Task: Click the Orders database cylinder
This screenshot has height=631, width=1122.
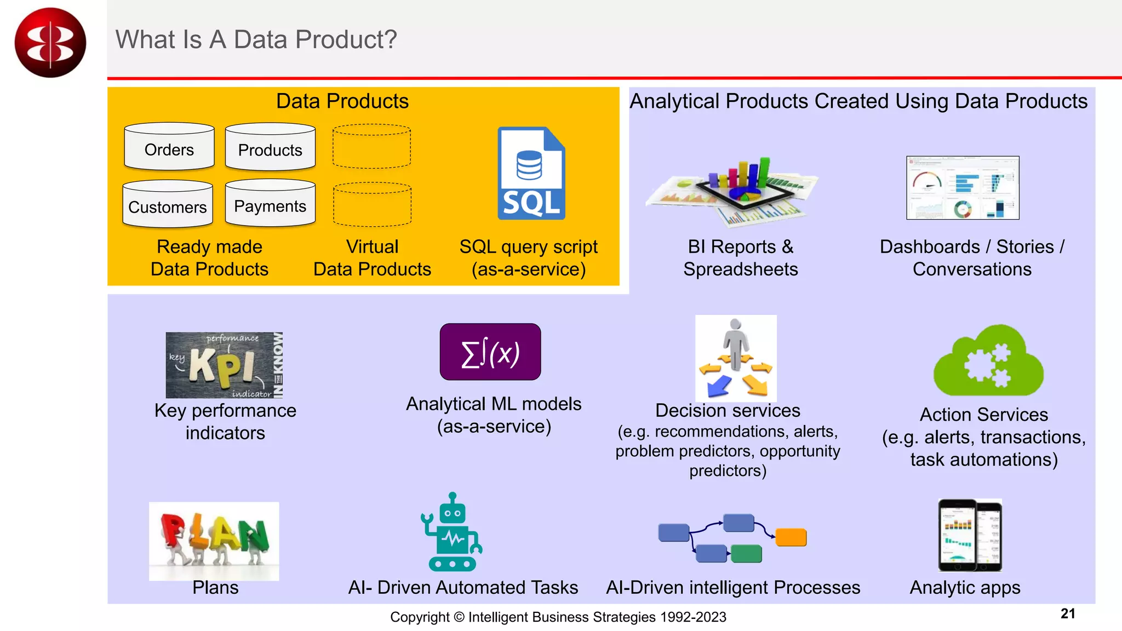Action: (x=169, y=147)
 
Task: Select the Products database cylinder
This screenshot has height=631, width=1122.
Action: (x=270, y=147)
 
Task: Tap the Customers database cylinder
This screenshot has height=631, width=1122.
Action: (x=168, y=204)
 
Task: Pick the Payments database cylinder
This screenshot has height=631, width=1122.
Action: (x=270, y=203)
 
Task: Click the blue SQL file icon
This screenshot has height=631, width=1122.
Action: (x=531, y=174)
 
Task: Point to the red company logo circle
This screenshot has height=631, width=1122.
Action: (x=50, y=43)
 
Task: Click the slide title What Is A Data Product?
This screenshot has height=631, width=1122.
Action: (x=256, y=39)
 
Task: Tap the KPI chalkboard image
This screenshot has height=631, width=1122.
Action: (x=224, y=365)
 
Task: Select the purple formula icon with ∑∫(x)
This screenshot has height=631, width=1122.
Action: (x=490, y=352)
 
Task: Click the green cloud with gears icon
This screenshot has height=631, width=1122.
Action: (x=988, y=362)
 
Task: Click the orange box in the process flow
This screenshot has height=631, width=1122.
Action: (x=791, y=537)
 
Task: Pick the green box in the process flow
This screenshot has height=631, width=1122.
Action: (x=746, y=553)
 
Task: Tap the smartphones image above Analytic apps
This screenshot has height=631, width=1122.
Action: (x=970, y=535)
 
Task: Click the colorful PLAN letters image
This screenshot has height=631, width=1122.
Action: (x=214, y=540)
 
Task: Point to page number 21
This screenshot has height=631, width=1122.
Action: (x=1068, y=613)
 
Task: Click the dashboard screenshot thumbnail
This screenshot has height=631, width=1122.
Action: (x=963, y=188)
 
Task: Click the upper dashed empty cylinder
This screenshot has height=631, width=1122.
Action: (x=371, y=146)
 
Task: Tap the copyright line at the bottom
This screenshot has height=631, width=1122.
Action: (x=558, y=617)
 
